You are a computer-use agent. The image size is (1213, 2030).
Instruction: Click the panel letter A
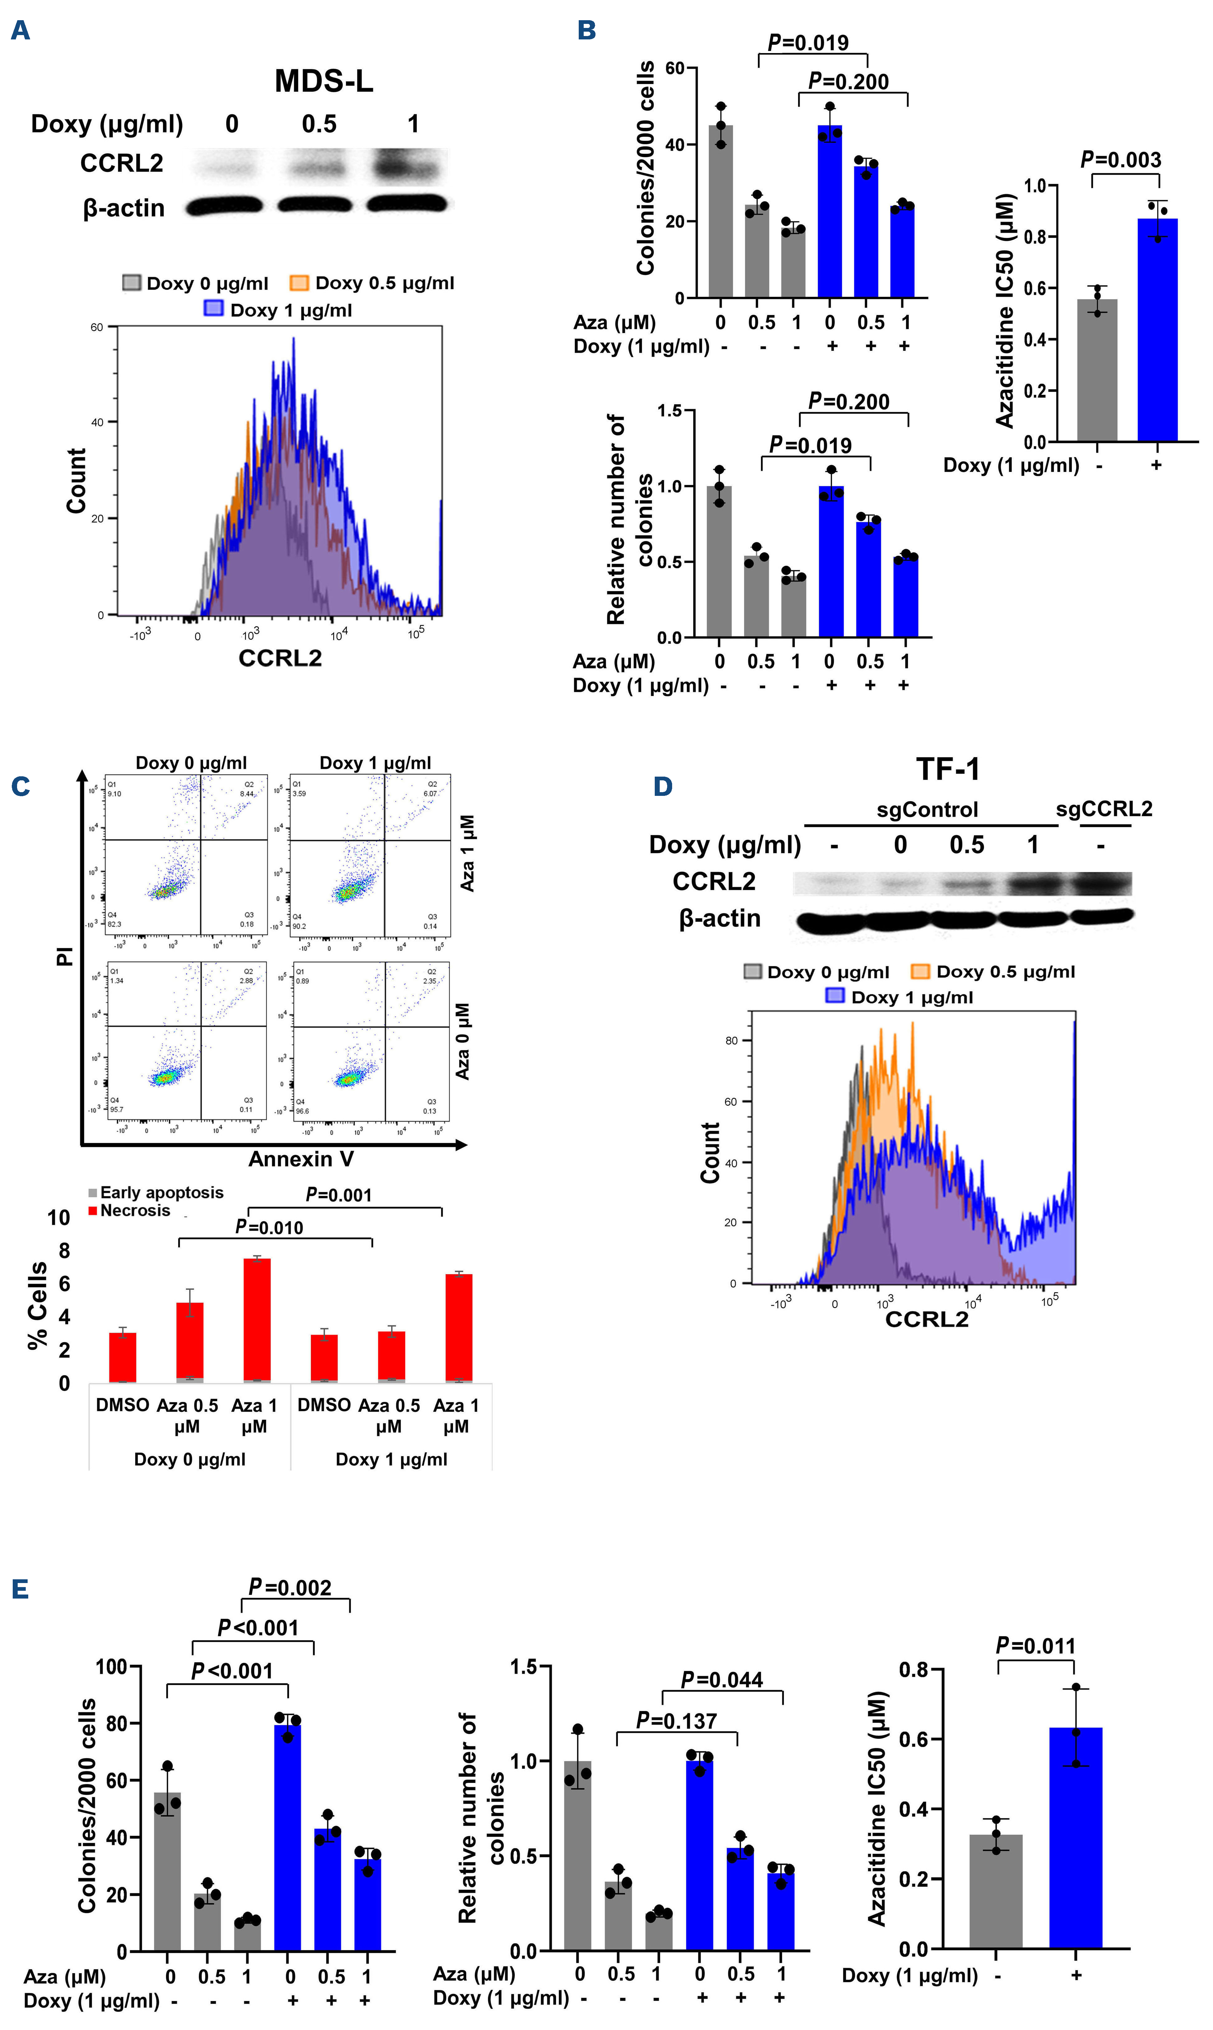tap(20, 31)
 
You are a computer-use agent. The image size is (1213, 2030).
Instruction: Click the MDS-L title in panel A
tap(324, 81)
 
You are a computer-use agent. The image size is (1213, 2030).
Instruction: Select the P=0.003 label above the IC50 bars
tap(1121, 160)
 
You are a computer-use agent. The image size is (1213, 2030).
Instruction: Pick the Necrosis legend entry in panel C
tap(131, 1211)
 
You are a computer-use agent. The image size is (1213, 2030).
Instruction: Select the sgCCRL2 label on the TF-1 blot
tap(1103, 809)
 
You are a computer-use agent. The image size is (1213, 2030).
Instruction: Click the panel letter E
tap(20, 1589)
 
